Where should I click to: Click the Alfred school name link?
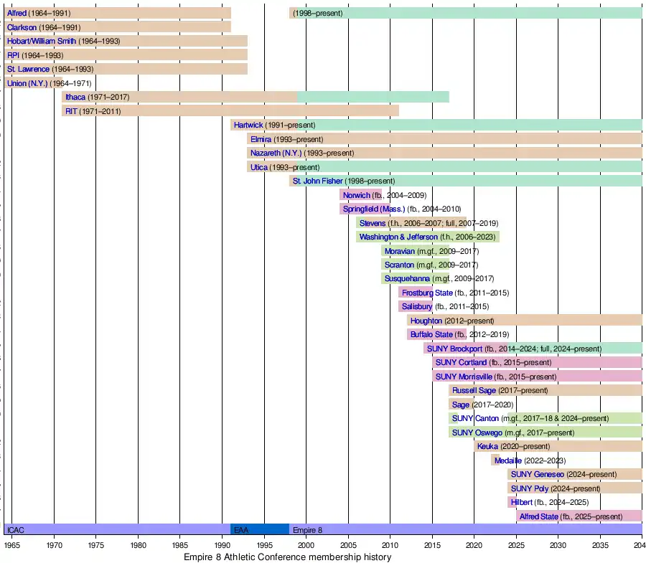[x=17, y=13]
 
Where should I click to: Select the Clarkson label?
[x=22, y=27]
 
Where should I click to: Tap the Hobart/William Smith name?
[x=41, y=41]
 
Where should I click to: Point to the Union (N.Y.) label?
[x=27, y=83]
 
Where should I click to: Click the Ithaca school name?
[x=75, y=97]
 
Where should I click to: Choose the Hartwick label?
[x=248, y=125]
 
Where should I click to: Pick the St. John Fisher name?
[x=318, y=181]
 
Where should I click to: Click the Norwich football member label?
[x=356, y=195]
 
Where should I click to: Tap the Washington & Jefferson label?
[x=398, y=237]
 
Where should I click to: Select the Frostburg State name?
[x=427, y=293]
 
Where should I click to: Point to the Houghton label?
[x=426, y=321]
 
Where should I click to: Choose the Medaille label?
[x=508, y=460]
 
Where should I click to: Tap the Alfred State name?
[x=538, y=516]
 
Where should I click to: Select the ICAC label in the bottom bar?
[x=15, y=530]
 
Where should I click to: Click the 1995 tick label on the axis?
[x=264, y=546]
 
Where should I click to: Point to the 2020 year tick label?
[x=474, y=546]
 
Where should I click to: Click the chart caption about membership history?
[x=287, y=557]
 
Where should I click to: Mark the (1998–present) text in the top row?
[x=317, y=13]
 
